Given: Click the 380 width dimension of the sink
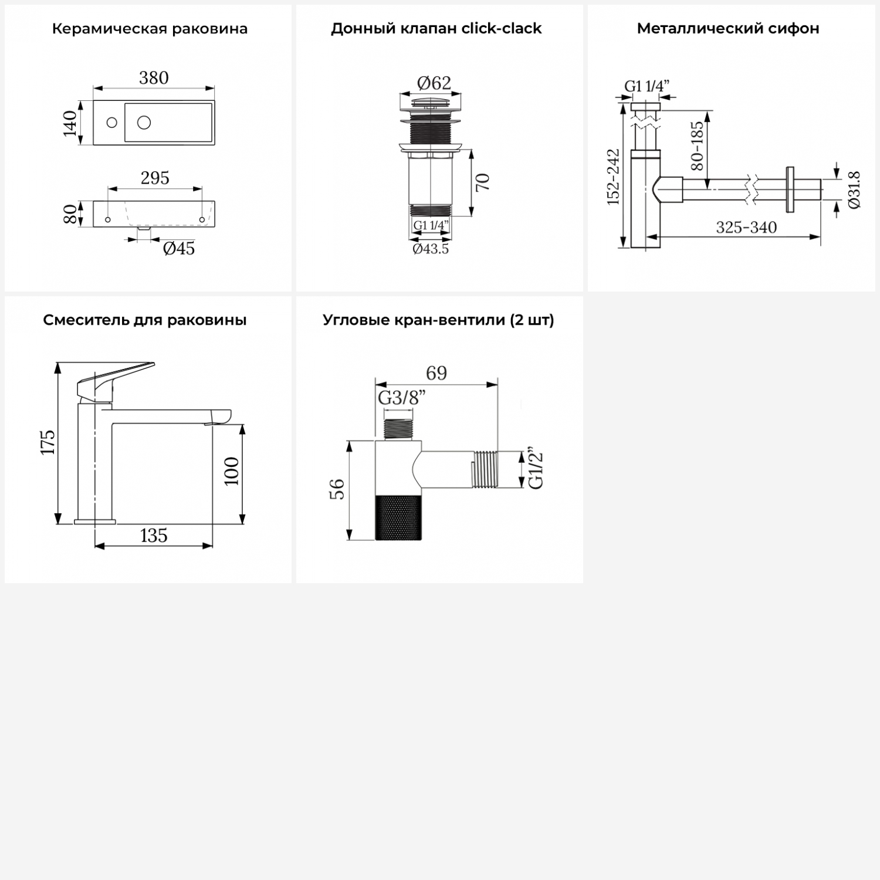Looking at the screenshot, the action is tap(154, 77).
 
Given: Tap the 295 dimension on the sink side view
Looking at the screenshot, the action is tap(155, 178).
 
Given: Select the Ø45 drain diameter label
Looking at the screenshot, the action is tap(179, 248).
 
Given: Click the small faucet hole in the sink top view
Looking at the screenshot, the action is tap(111, 123).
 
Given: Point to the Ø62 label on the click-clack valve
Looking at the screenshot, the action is tap(434, 83).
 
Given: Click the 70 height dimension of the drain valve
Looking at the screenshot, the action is tap(482, 182).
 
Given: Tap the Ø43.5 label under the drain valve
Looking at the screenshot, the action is tap(431, 249).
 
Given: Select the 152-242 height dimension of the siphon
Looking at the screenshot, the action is tap(613, 177).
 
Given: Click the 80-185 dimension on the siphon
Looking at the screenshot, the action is tap(697, 145).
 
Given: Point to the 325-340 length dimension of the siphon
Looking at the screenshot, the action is tap(746, 227).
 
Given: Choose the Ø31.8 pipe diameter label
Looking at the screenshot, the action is tap(854, 189).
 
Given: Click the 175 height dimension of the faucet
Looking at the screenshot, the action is tap(48, 442).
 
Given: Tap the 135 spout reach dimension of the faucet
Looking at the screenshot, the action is tap(154, 535).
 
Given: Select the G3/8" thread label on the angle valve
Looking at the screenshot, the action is tap(401, 398).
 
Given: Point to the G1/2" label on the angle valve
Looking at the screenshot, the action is tap(536, 470).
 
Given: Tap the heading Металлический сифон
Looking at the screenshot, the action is tap(728, 28).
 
